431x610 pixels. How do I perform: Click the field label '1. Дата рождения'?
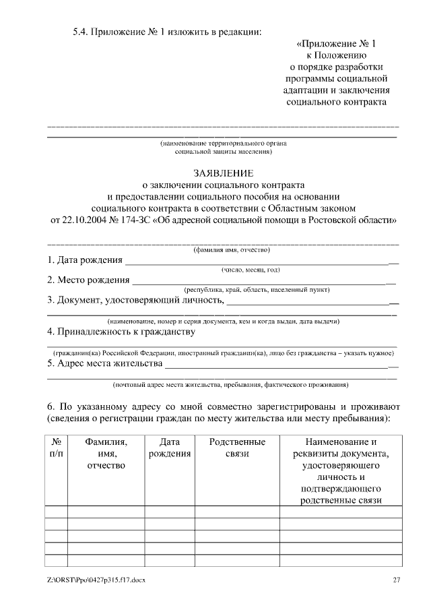(85, 260)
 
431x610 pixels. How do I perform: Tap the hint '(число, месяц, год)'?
(251, 270)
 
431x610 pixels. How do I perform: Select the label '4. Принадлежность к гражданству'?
(121, 332)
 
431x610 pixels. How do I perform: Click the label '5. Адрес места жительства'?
(105, 364)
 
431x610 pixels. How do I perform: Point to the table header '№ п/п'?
(57, 448)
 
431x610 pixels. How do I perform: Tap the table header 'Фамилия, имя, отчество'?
(106, 454)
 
